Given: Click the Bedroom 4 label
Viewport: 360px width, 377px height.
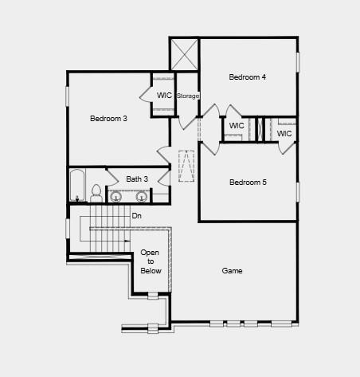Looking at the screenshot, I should coord(247,77).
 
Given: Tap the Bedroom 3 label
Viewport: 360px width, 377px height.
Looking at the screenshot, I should coord(108,119).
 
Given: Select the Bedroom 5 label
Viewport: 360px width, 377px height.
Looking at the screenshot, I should coord(248,183).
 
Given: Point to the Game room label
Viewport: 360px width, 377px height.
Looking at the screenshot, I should coord(232,271).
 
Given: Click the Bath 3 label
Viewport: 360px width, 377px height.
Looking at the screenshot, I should coord(137,179).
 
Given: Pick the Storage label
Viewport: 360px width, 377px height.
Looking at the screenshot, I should coord(188,96).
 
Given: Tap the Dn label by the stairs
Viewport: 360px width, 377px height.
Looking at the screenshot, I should coord(136,216).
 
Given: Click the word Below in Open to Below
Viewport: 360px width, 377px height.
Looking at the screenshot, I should coord(151,271).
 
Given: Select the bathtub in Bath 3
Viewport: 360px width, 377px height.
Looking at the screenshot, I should coord(77,186).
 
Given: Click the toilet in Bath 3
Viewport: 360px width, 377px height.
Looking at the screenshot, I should coord(96,193).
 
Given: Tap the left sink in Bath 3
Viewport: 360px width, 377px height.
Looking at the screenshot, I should coord(115,196).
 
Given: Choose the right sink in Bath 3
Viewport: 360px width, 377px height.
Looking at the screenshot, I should coord(142,196).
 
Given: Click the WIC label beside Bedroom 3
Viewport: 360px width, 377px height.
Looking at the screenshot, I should coord(164,96).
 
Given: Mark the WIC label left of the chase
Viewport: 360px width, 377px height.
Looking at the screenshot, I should coord(237,126).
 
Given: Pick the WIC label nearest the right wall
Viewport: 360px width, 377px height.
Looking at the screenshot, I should coord(284,133).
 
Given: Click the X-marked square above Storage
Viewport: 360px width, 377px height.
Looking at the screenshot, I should coord(184,54).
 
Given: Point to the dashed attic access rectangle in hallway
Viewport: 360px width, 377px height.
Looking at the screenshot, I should coord(187,165).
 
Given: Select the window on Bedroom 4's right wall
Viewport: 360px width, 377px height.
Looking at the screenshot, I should coord(297,62).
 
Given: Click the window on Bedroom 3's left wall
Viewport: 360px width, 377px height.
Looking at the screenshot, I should coord(67,95).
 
